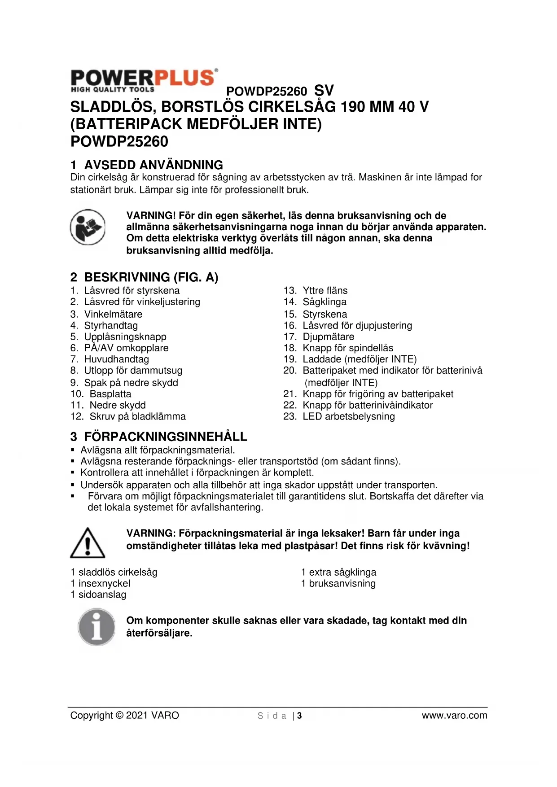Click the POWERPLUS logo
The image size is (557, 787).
point(144,81)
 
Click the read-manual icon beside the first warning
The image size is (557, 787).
point(88,227)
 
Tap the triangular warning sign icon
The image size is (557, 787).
point(88,543)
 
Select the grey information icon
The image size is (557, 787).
point(96,627)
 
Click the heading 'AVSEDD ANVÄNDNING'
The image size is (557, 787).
point(153,165)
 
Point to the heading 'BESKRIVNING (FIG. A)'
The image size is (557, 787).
point(151,277)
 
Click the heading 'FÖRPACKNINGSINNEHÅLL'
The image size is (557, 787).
point(165,437)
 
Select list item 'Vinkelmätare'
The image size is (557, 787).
point(113,314)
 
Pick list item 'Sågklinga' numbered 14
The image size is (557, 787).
point(324,302)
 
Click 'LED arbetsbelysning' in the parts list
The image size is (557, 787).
point(348,416)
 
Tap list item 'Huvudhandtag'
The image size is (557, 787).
point(116,359)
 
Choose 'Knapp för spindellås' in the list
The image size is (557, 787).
point(347,348)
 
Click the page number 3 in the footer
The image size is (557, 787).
point(299,716)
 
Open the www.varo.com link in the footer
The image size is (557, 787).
point(454,716)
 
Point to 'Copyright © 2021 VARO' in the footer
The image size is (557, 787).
point(124,715)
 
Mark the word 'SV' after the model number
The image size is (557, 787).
point(324,91)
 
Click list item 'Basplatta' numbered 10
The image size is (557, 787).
point(110,394)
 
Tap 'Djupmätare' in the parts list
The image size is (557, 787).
point(328,337)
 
